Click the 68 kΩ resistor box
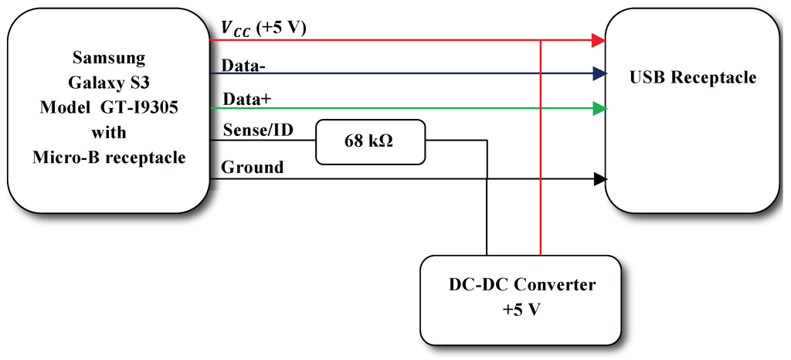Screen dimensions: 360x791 371,141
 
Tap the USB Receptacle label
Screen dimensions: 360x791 693,78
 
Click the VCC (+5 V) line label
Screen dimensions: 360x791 263,29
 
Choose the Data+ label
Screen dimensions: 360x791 245,100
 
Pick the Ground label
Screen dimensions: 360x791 252,167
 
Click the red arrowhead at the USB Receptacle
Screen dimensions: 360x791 598,39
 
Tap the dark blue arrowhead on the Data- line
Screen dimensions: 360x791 598,74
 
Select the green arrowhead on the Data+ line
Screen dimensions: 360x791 598,109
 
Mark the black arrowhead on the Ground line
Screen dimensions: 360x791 598,179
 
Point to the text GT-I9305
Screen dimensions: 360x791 143,108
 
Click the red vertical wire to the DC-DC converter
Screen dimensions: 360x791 541,155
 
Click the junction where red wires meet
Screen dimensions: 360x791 541,39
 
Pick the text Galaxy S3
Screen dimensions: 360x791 109,83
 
